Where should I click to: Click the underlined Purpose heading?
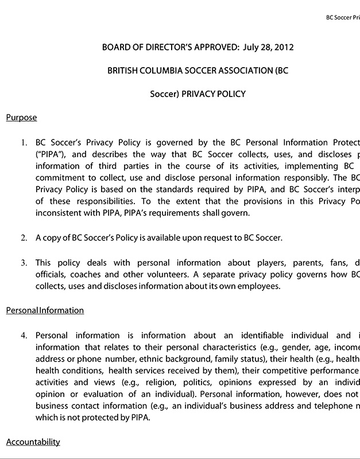[x=21, y=118]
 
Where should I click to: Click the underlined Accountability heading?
[x=33, y=442]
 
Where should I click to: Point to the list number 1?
[x=24, y=142]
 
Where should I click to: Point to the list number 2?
[x=24, y=238]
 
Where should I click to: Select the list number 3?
[x=24, y=263]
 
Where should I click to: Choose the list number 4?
[x=24, y=335]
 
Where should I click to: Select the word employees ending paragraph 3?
[x=262, y=286]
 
